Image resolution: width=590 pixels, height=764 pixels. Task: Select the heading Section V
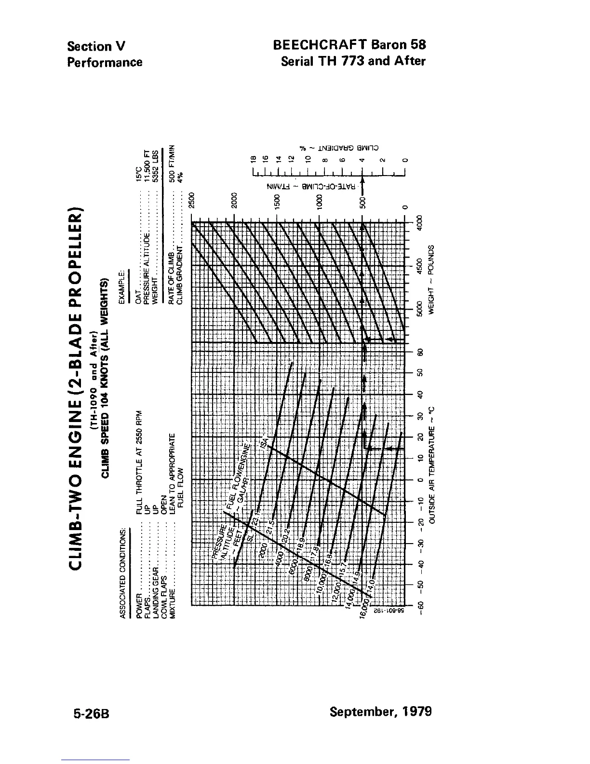(96, 46)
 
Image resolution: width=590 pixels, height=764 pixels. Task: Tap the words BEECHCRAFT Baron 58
(349, 45)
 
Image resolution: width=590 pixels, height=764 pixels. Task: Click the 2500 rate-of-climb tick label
(192, 200)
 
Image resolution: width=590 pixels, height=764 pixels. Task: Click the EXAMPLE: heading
(122, 286)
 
